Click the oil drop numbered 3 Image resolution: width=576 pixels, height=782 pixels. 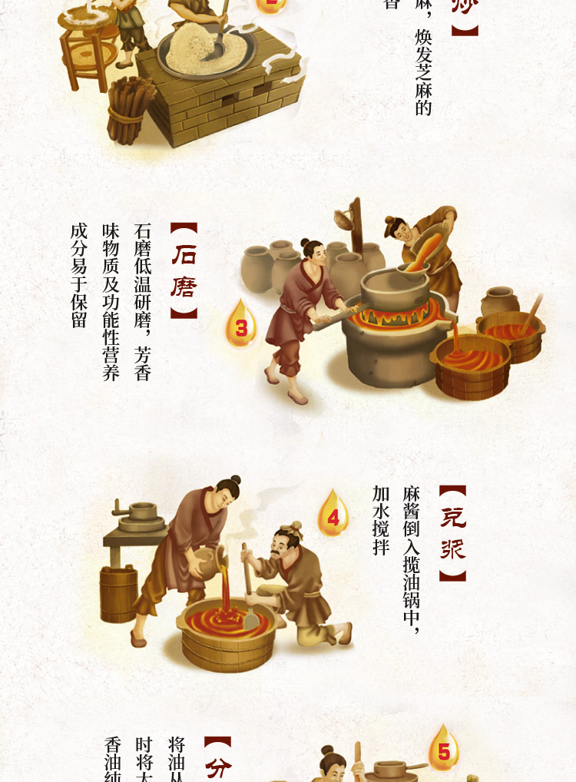point(241,325)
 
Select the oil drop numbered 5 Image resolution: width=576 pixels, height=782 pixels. point(444,750)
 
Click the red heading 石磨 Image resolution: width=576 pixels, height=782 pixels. point(184,270)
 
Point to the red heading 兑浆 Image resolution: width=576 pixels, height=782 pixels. point(453,533)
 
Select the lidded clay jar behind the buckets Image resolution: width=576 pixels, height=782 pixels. point(501,302)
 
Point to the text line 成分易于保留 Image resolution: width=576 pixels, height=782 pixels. point(78,275)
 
